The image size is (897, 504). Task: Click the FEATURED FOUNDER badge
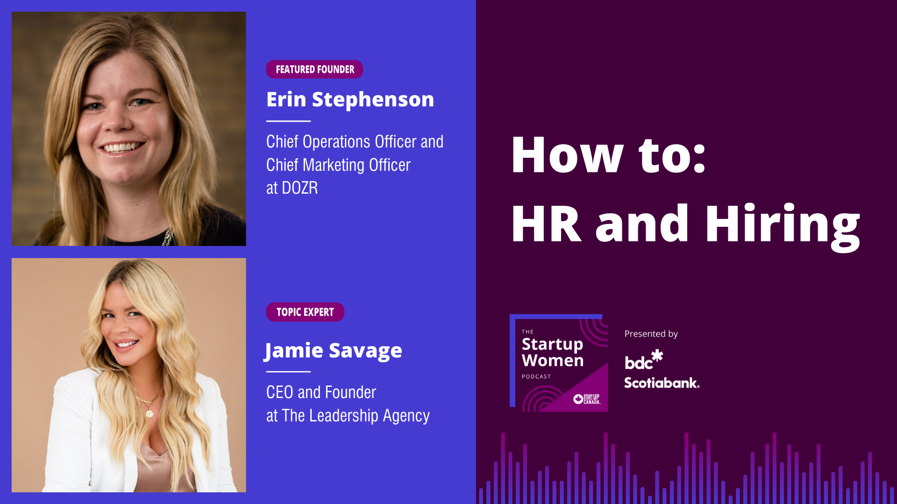pos(314,69)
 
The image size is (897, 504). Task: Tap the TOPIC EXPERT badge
pos(305,312)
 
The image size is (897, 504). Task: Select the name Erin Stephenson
pos(350,99)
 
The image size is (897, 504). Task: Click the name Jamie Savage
pos(333,351)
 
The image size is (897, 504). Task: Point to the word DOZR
pos(300,188)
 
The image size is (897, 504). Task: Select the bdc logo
pos(644,359)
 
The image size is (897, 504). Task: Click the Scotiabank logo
pos(662,383)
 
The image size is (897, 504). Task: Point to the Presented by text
pos(651,334)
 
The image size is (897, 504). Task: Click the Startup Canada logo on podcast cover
pos(587,399)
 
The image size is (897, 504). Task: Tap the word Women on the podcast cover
pos(553,361)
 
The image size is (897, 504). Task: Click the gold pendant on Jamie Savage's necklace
pos(149,413)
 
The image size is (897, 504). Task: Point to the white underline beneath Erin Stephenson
pos(288,121)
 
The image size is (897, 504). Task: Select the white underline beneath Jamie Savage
pos(288,371)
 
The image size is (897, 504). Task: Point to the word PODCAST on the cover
pos(536,377)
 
